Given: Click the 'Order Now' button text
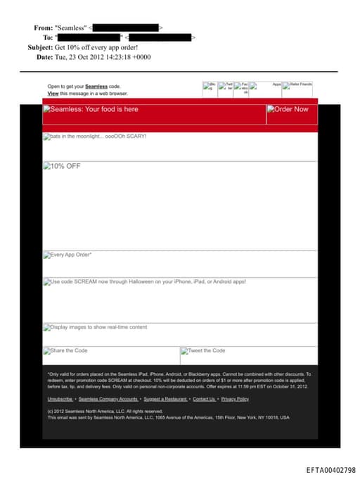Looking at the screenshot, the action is pyautogui.click(x=290, y=109).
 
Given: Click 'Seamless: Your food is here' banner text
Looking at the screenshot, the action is pyautogui.click(x=94, y=109).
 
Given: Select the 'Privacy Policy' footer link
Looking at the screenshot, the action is pyautogui.click(x=235, y=399).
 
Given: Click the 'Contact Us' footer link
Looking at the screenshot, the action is pyautogui.click(x=204, y=399).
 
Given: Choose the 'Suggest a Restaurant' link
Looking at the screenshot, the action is pyautogui.click(x=165, y=399).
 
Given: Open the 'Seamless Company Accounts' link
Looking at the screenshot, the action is pyautogui.click(x=108, y=399).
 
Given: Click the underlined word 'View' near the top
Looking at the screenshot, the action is pyautogui.click(x=53, y=93).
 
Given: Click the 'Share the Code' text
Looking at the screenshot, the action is pyautogui.click(x=69, y=350).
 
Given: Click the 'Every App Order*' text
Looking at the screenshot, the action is pyautogui.click(x=70, y=255).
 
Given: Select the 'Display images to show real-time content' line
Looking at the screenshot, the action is pyautogui.click(x=98, y=327).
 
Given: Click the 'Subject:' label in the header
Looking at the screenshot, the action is pyautogui.click(x=40, y=47).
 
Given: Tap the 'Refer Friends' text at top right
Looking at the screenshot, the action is pyautogui.click(x=300, y=84).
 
